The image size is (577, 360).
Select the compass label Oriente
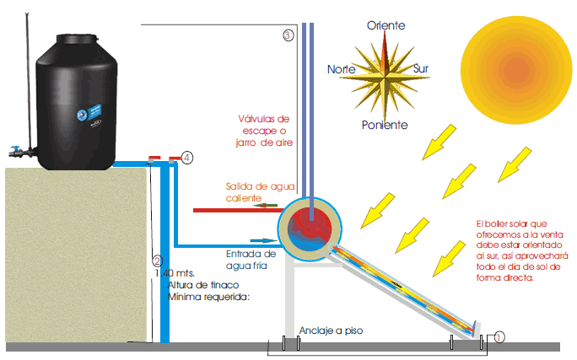[386, 26]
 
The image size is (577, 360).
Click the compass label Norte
[342, 69]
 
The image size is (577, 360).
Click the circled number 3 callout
[288, 35]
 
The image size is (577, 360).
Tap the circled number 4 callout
[187, 157]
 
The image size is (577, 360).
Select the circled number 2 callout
[156, 261]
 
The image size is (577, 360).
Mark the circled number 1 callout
[499, 336]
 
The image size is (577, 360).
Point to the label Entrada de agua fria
[251, 259]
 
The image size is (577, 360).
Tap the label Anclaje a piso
[331, 330]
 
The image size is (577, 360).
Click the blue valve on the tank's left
[15, 153]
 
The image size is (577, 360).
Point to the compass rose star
[386, 73]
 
